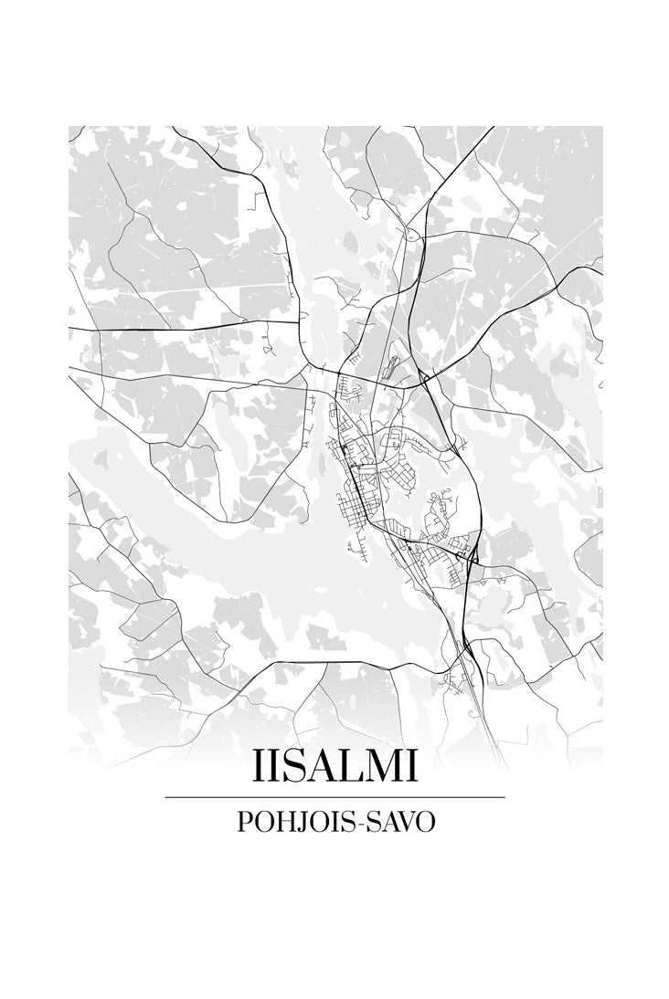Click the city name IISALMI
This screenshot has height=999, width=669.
[334, 767]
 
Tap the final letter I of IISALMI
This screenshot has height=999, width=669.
[412, 767]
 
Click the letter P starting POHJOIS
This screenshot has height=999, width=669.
[244, 821]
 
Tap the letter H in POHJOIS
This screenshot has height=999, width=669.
[284, 821]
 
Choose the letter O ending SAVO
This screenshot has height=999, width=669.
[425, 821]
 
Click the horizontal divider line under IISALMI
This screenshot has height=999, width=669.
[334, 797]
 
